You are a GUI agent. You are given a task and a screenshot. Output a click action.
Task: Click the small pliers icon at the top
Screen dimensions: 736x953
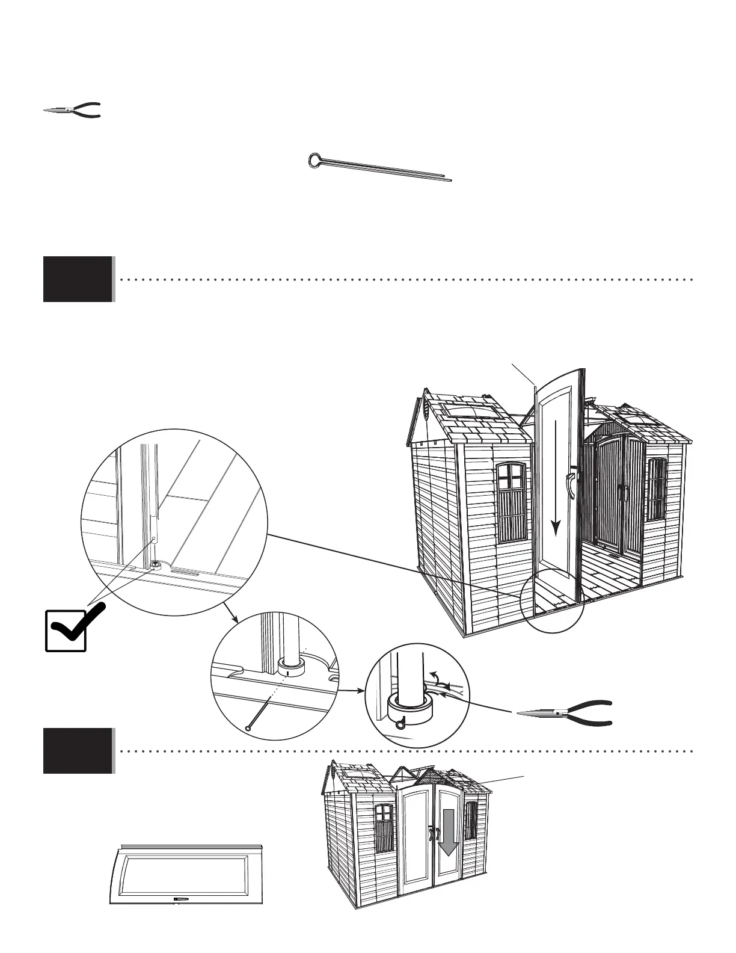[x=72, y=110]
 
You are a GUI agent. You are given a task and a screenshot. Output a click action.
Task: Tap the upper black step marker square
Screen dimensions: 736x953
[x=78, y=279]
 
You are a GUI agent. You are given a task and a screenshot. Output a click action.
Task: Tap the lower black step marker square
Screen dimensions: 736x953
[x=78, y=751]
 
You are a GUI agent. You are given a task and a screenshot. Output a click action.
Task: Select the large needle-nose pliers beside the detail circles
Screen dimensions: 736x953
[x=565, y=712]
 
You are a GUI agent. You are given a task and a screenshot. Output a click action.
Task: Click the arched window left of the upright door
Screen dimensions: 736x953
[x=512, y=503]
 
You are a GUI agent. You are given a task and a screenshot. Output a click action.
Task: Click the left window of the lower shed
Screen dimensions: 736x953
[x=384, y=826]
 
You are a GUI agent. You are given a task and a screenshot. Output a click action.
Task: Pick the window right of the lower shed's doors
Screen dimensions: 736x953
[x=470, y=820]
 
